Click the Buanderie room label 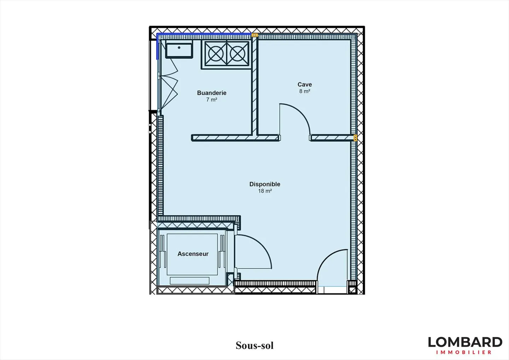[211, 93]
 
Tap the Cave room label [304, 84]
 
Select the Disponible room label [265, 184]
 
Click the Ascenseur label [193, 254]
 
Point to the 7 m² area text [211, 99]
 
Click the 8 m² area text [304, 91]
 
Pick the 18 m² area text [265, 191]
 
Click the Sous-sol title [255, 346]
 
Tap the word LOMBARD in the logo [465, 342]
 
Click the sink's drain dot [179, 47]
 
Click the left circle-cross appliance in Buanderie [216, 54]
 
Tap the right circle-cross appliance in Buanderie [238, 54]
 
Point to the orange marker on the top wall [255, 35]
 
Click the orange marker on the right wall [355, 138]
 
